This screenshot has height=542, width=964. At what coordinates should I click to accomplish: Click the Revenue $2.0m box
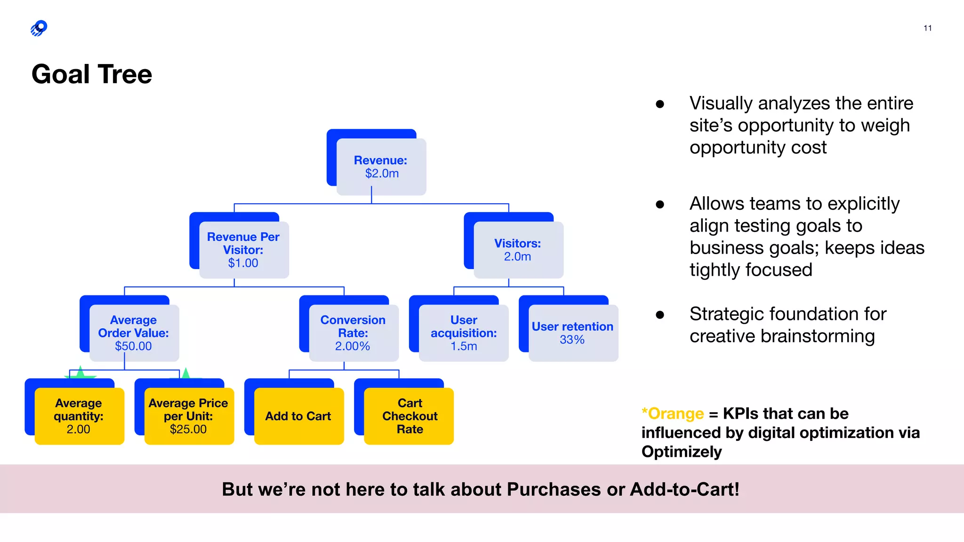tap(381, 167)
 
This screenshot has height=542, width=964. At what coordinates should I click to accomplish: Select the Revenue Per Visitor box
tap(244, 250)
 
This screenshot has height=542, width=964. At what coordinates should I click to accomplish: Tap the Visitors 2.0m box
tap(518, 250)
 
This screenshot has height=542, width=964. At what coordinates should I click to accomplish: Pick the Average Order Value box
tap(134, 333)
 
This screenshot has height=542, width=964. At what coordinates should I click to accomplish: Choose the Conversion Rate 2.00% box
tap(353, 333)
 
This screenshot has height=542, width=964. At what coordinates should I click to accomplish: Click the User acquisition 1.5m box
tap(464, 333)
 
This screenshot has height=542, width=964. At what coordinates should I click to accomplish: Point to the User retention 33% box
tap(573, 333)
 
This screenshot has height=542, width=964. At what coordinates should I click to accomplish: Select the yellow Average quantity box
tap(79, 416)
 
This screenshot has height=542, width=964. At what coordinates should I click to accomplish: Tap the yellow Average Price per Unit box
tap(189, 416)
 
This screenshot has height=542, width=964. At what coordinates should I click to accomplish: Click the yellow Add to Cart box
tap(298, 416)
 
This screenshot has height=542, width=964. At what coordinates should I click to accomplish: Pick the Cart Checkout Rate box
tap(409, 416)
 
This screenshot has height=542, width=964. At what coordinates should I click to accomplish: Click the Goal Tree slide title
tap(92, 74)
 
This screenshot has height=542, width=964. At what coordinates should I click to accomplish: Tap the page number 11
tap(927, 28)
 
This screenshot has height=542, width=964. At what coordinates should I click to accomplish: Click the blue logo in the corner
tap(39, 28)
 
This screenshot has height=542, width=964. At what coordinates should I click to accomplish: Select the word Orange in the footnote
tap(675, 414)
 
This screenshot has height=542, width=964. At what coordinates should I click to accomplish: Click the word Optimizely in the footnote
tap(681, 452)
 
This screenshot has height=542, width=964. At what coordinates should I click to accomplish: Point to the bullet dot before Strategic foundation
tap(660, 315)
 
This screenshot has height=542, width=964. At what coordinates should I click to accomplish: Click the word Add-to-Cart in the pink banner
tap(684, 489)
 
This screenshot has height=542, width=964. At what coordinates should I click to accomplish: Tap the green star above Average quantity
tap(80, 373)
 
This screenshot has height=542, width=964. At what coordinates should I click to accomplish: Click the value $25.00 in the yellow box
tap(188, 429)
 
